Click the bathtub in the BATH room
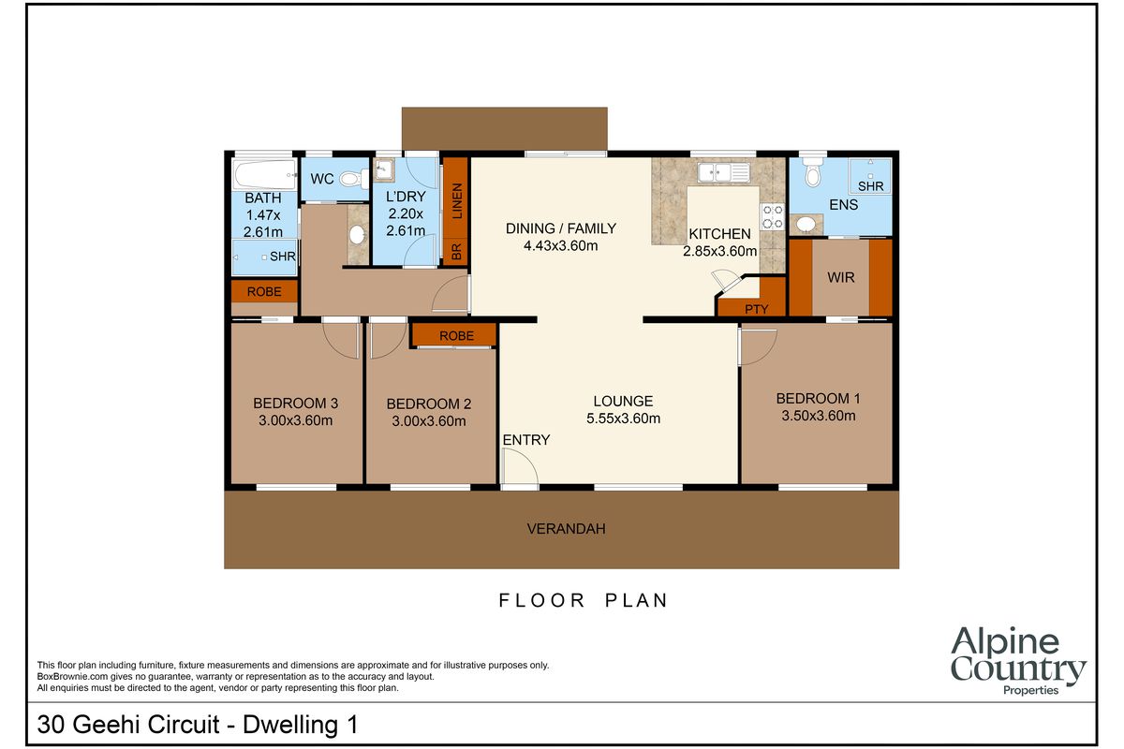tap(263, 175)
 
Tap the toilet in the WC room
tap(351, 178)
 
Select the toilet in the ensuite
tap(812, 175)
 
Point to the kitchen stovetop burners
tap(772, 216)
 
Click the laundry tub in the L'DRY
tap(385, 170)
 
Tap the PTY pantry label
tap(757, 309)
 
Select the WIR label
tap(840, 278)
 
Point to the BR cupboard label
tap(456, 251)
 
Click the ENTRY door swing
tap(518, 467)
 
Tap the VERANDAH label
tap(566, 528)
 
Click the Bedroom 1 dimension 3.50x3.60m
tap(819, 416)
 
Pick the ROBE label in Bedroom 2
tap(455, 335)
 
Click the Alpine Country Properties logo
tap(1018, 662)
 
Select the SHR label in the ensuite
tap(870, 186)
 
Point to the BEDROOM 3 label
tap(295, 403)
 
